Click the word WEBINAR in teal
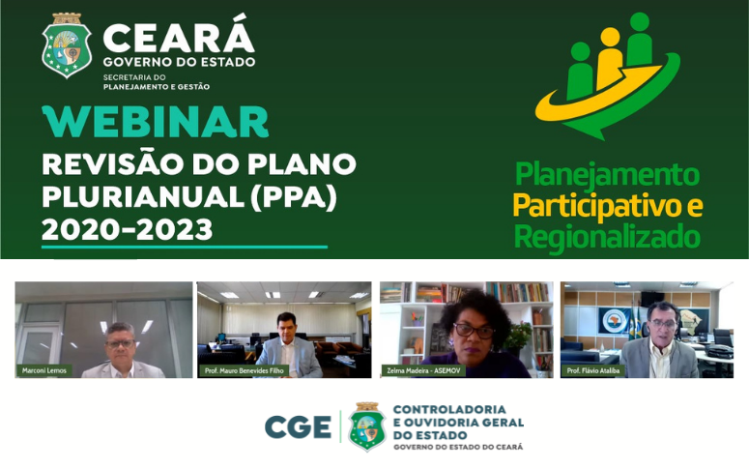pos(156,122)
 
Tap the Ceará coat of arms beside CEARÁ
pos(67,45)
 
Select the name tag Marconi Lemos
pos(43,370)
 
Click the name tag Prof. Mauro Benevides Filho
pos(244,370)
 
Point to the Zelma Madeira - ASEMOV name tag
pos(423,370)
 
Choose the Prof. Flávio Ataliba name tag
pos(592,370)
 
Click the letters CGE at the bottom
pos(298,426)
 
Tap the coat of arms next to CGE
pos(367,426)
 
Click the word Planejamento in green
pos(607,174)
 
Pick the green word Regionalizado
pos(608,238)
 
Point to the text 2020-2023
pos(127,230)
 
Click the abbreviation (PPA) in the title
pos(293,197)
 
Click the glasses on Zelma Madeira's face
pos(474,331)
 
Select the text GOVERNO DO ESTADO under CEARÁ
pos(179,62)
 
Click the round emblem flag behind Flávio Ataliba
pos(615,321)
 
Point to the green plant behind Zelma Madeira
pos(518,335)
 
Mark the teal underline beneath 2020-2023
pos(185,248)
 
